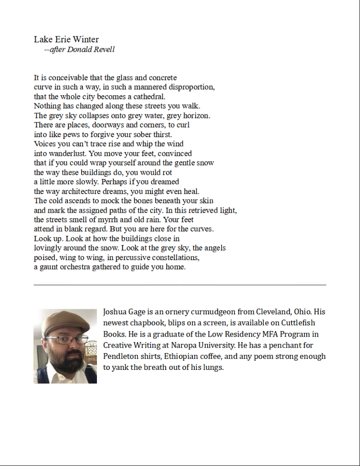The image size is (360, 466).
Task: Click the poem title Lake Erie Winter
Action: [x=66, y=40]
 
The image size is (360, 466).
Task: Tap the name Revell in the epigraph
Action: [x=104, y=50]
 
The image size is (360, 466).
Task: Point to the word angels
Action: [x=215, y=248]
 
